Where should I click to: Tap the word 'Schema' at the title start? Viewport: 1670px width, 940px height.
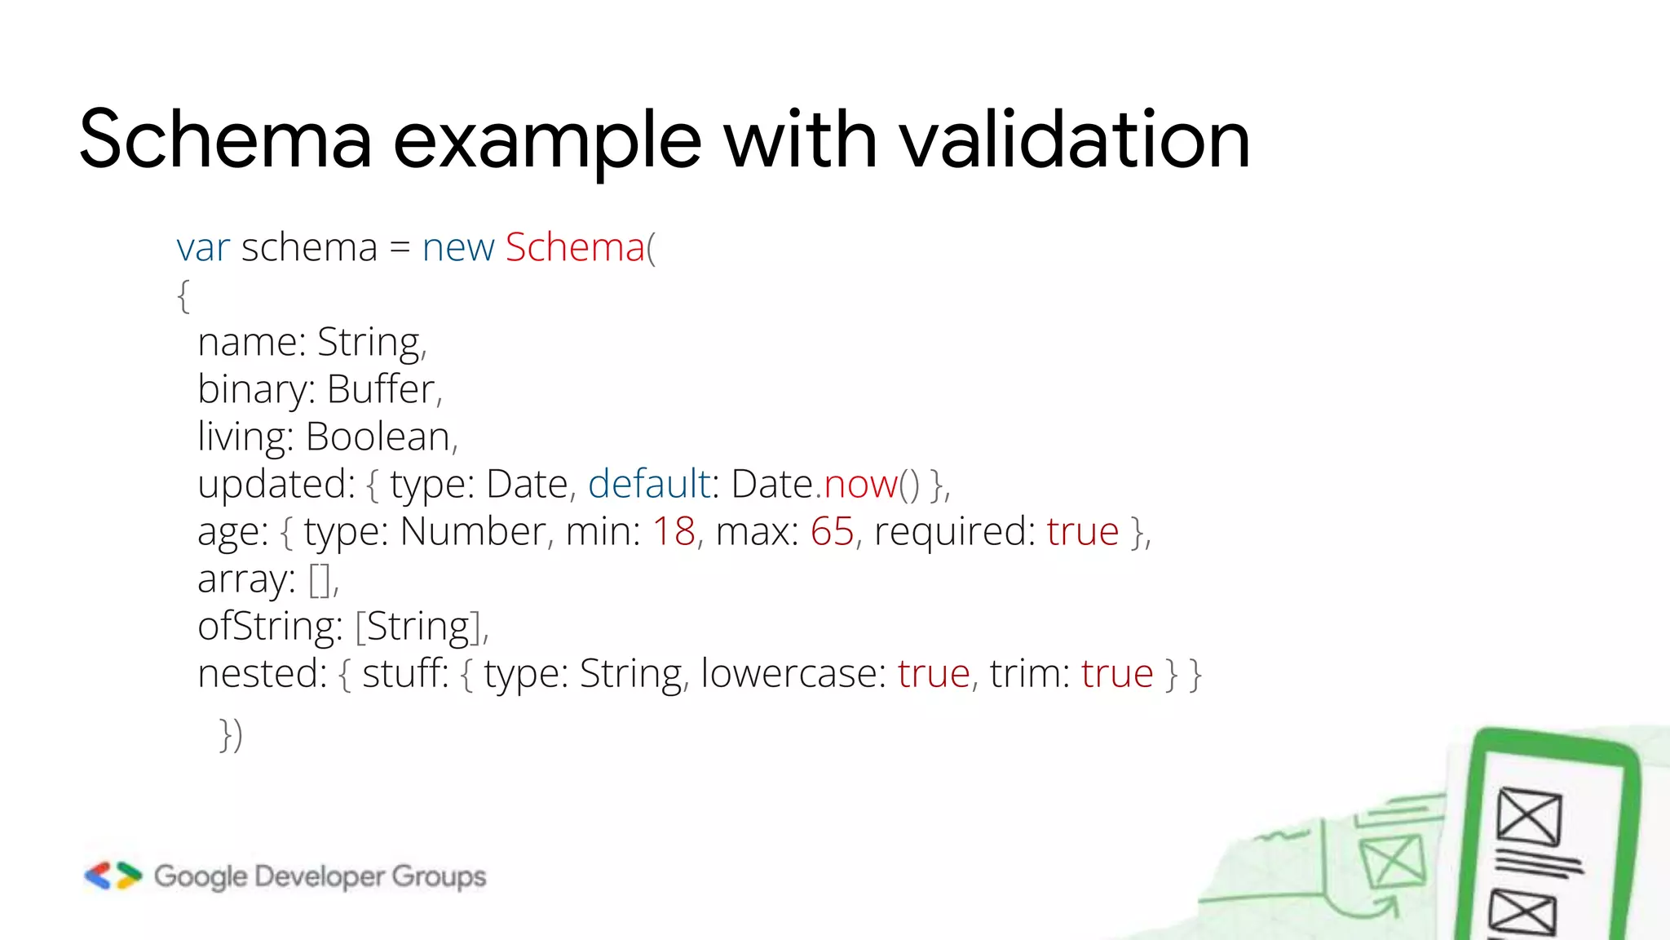225,140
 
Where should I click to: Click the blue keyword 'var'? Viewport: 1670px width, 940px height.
203,247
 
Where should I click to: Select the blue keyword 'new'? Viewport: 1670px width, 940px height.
458,247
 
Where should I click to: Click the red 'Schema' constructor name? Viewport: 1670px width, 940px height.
575,247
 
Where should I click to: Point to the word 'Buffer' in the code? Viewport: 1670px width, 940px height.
381,389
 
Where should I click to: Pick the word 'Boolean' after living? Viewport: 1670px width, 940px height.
378,437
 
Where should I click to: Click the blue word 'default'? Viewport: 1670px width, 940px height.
649,484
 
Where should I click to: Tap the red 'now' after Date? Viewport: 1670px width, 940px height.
860,484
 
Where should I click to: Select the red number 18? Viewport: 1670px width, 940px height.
674,531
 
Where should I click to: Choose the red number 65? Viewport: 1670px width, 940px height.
832,531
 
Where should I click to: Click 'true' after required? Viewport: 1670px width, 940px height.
1083,531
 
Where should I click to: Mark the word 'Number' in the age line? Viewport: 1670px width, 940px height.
473,531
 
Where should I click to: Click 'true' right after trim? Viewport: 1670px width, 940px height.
1117,674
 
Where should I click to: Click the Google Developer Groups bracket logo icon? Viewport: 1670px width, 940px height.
113,876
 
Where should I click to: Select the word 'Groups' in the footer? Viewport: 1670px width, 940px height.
439,876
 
